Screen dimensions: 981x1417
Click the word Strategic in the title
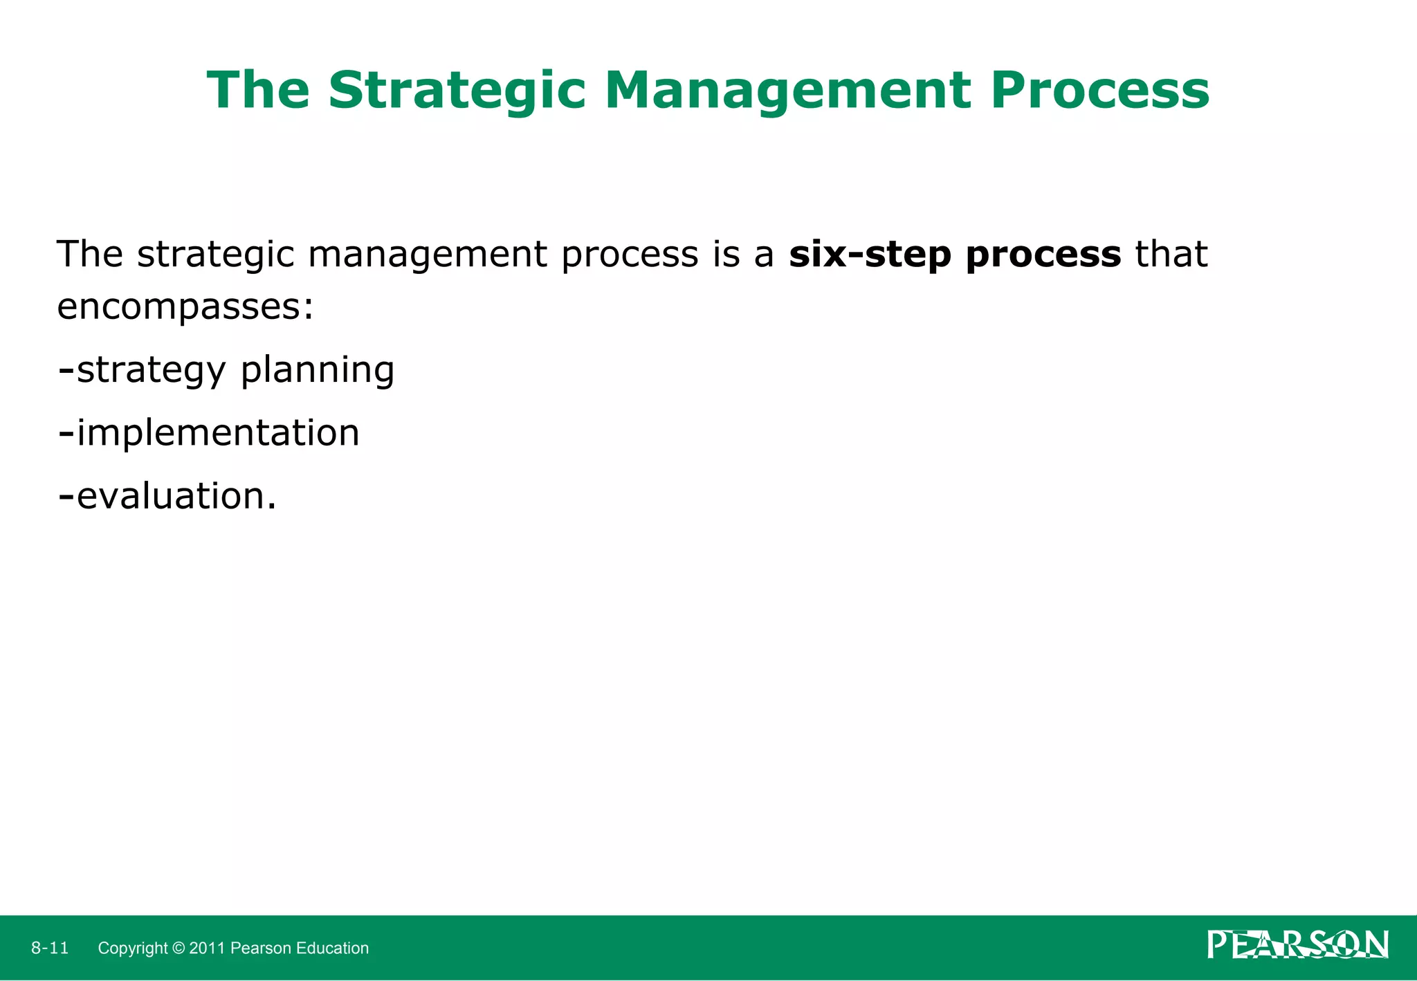[457, 91]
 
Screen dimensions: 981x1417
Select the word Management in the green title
[788, 91]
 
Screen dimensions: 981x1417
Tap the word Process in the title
[1099, 91]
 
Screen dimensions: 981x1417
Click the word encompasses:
[185, 307]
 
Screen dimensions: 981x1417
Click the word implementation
[218, 434]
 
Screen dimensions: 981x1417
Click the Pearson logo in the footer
[1297, 945]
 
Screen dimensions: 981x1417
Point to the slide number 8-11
[50, 948]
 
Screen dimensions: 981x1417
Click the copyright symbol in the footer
[179, 948]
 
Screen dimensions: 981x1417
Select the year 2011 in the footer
[207, 948]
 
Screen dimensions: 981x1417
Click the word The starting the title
[258, 91]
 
